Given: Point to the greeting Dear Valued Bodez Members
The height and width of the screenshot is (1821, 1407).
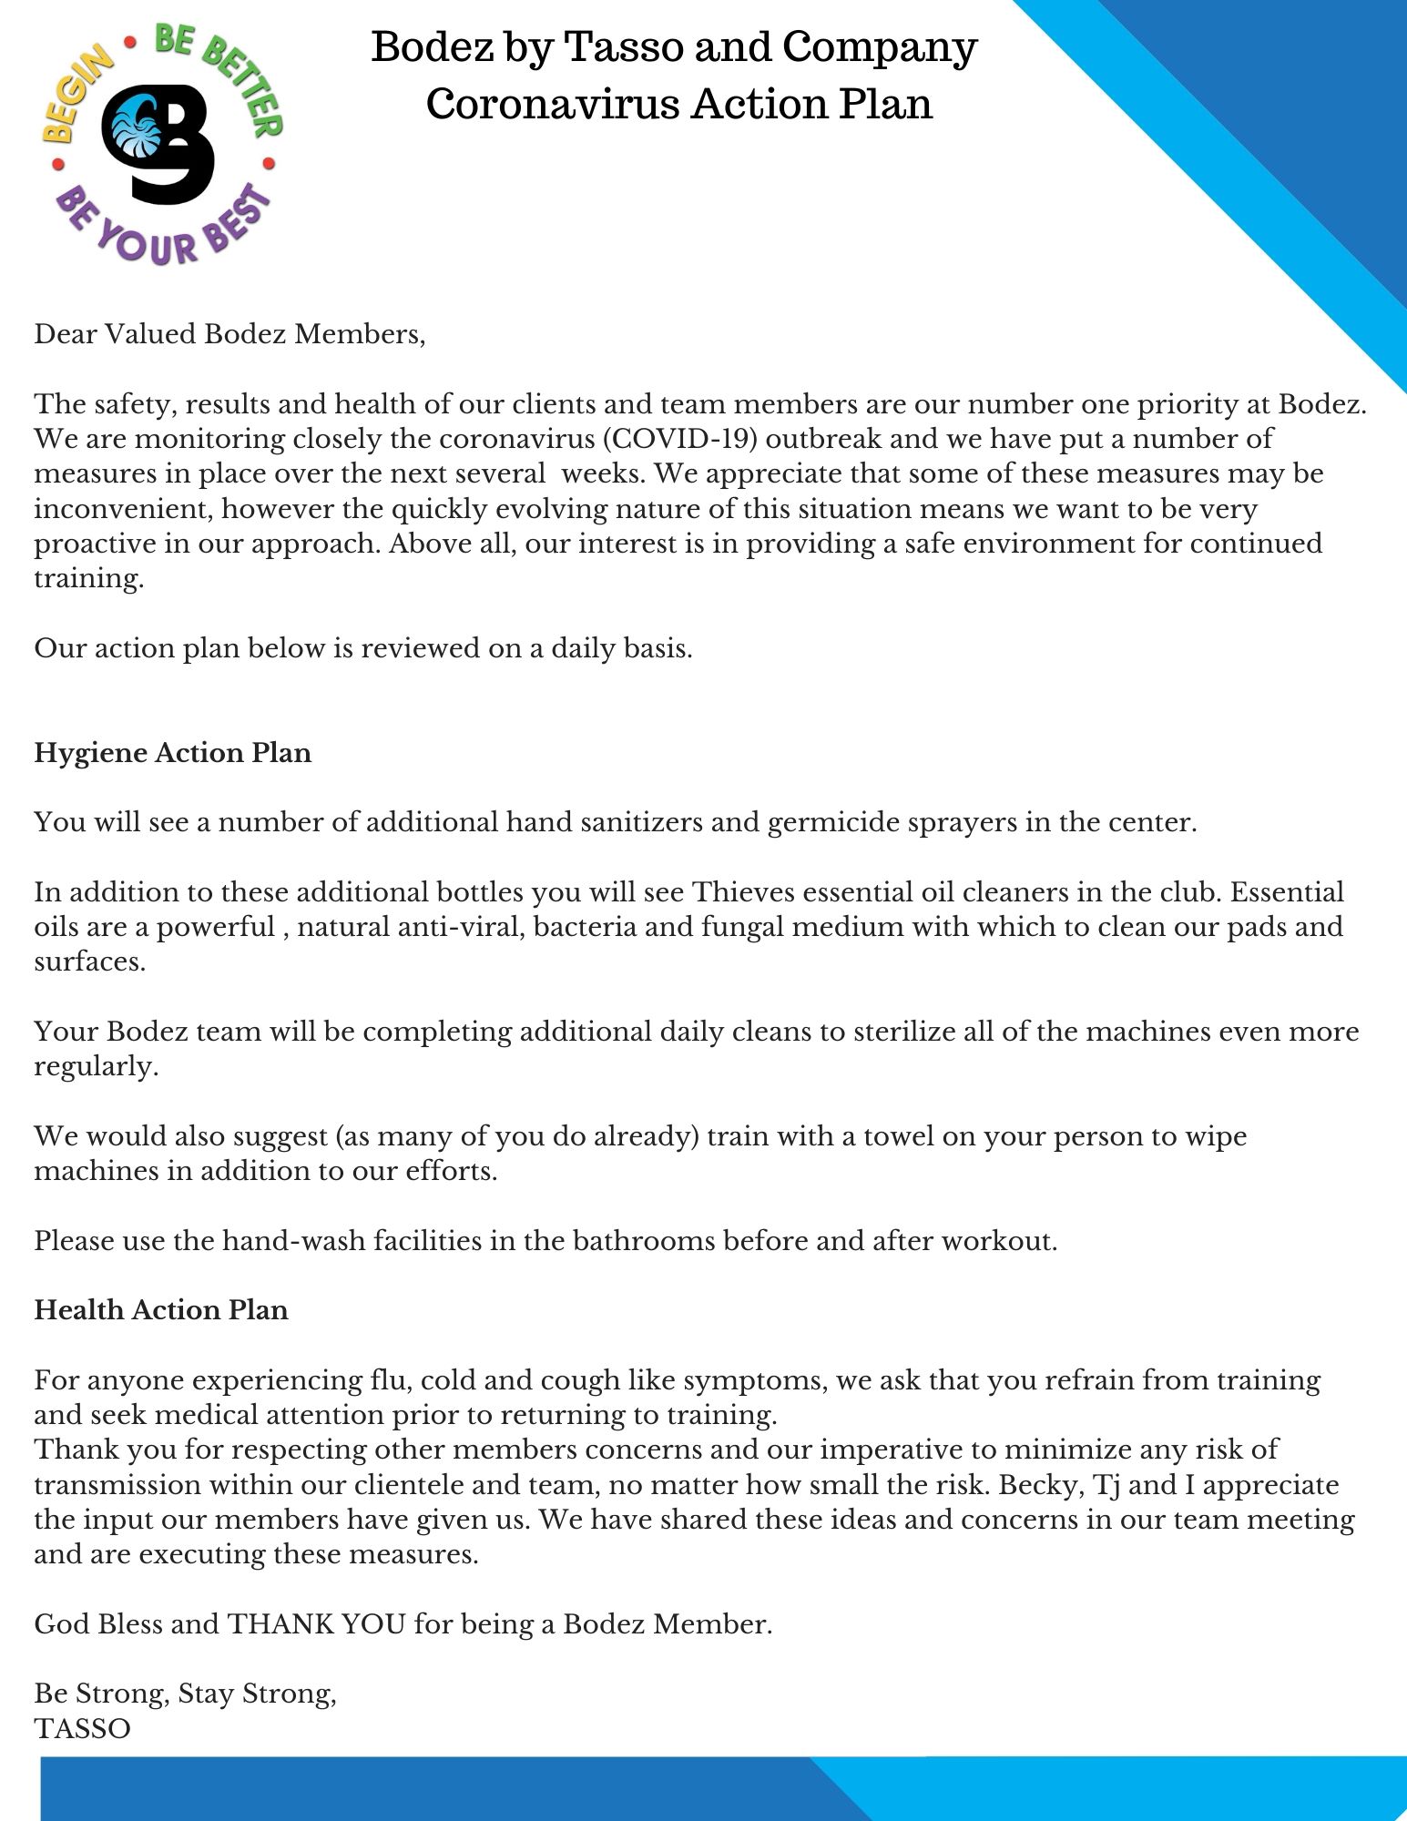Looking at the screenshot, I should click(x=229, y=334).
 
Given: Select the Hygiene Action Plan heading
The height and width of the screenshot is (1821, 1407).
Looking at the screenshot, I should click(x=173, y=753).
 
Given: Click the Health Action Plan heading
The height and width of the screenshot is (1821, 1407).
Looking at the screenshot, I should click(x=161, y=1309).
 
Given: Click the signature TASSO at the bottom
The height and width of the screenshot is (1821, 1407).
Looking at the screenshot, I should click(x=82, y=1728).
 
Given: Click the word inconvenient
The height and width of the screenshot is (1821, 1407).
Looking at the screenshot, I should click(x=123, y=509).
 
